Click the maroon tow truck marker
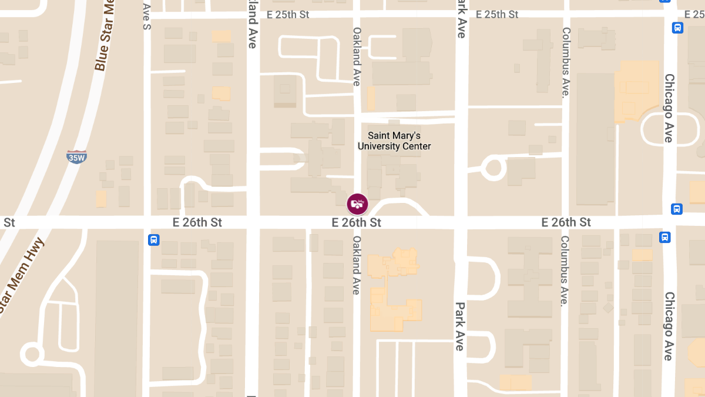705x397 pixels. pos(357,204)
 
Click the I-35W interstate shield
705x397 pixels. pos(76,156)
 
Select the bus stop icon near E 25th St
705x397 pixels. pos(677,28)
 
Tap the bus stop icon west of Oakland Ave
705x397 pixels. pos(153,239)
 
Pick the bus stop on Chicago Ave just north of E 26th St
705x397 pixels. pos(677,209)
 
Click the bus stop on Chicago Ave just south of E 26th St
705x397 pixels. pos(664,238)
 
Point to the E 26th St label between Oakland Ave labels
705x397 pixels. pos(356,222)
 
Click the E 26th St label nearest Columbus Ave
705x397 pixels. pos(566,222)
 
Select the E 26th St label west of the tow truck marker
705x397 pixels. pos(197,222)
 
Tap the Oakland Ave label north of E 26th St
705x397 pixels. pos(357,56)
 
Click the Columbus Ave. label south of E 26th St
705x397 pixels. pos(565,271)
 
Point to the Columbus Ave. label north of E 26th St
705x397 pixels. pos(566,62)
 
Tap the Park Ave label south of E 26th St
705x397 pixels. pos(460,326)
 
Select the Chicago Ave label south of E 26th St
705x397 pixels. pos(669,326)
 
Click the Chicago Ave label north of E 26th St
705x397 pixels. pos(669,108)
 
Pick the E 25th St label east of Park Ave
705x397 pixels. pos(497,14)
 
